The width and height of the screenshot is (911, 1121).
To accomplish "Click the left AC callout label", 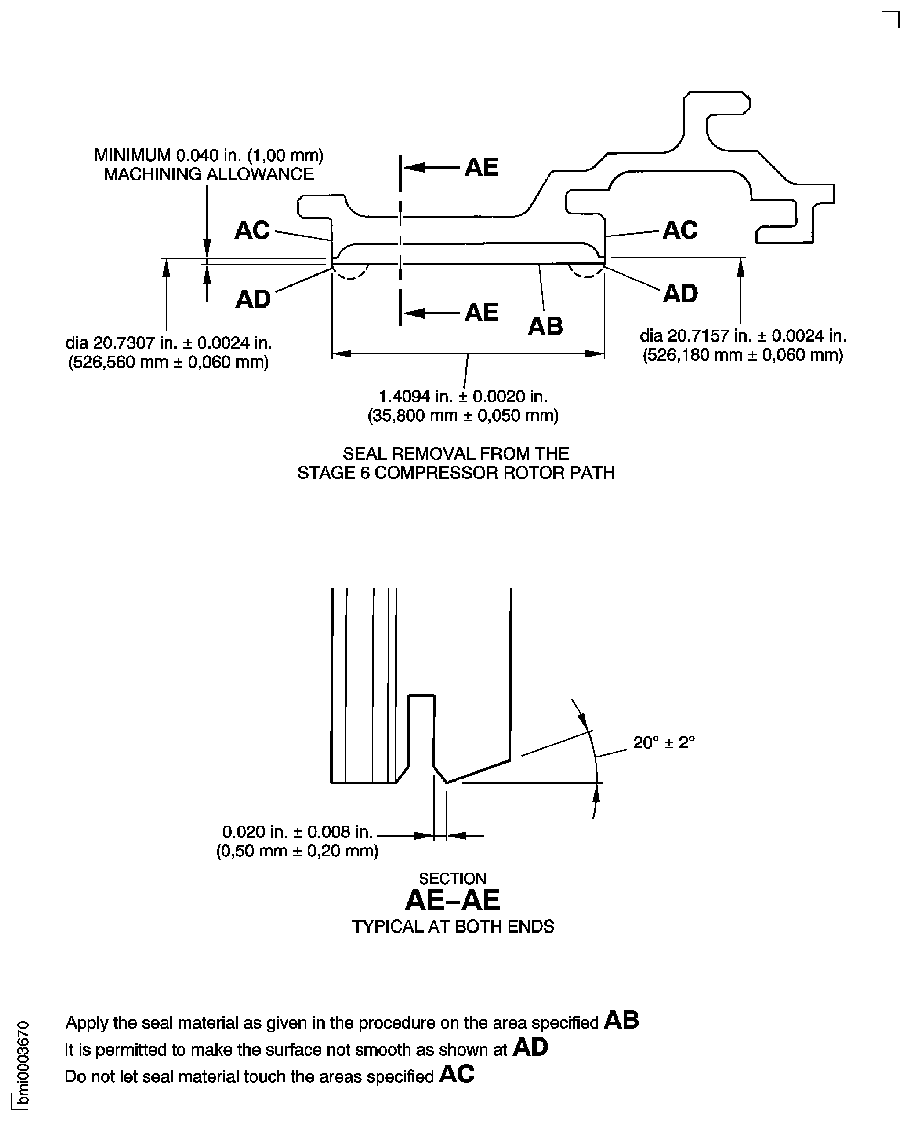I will tap(252, 230).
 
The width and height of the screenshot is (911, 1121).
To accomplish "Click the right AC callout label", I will tap(680, 230).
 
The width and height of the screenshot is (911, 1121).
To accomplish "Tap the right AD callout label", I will tap(680, 294).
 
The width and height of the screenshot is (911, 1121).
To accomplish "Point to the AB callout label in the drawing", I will tap(545, 326).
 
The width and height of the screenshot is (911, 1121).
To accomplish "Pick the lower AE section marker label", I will tap(481, 313).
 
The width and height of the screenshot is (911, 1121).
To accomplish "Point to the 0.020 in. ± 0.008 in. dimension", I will tap(297, 832).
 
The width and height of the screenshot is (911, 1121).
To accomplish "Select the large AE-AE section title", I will tap(452, 901).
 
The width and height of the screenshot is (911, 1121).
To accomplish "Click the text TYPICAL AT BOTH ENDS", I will tap(452, 927).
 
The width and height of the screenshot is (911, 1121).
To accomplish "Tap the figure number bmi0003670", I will tap(23, 1065).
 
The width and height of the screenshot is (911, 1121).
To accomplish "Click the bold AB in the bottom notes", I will tap(621, 1020).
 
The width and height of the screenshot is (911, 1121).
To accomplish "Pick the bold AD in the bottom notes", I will tap(530, 1047).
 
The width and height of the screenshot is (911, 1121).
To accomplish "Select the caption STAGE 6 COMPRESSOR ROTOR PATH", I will tap(456, 473).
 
